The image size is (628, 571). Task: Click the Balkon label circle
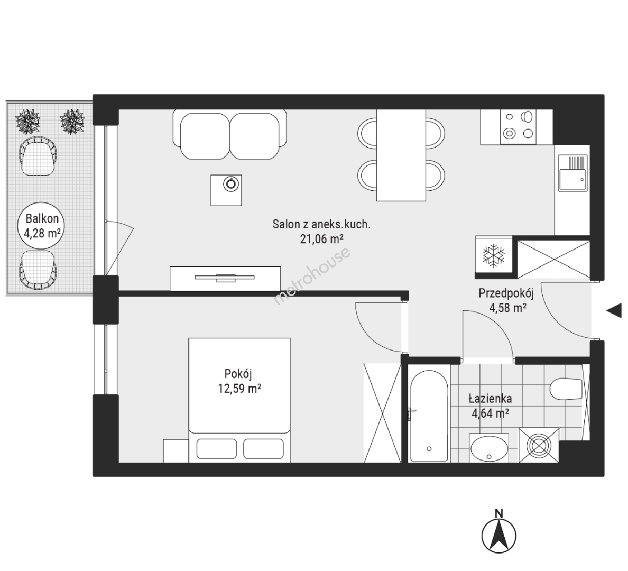(42, 226)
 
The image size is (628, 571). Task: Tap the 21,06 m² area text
(321, 239)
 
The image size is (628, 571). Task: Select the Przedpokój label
(506, 293)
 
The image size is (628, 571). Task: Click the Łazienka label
(490, 398)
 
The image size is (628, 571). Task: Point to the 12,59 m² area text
(239, 388)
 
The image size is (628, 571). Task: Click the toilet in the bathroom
(566, 389)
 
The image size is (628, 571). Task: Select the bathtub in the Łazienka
(429, 416)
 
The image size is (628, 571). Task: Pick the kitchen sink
(572, 172)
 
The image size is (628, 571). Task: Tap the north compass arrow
(498, 536)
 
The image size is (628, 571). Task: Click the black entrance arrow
(614, 310)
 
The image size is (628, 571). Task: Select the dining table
(401, 155)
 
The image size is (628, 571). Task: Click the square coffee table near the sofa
(226, 190)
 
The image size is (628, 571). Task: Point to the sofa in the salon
(230, 134)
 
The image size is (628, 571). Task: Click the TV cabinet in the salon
(225, 279)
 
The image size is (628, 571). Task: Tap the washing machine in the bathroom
(539, 445)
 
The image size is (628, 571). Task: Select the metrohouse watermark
(311, 277)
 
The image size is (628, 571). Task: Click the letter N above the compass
(498, 513)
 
